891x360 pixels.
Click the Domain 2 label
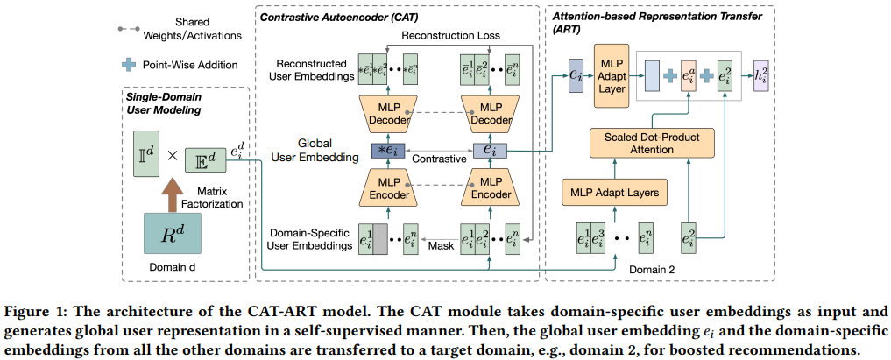(647, 269)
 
